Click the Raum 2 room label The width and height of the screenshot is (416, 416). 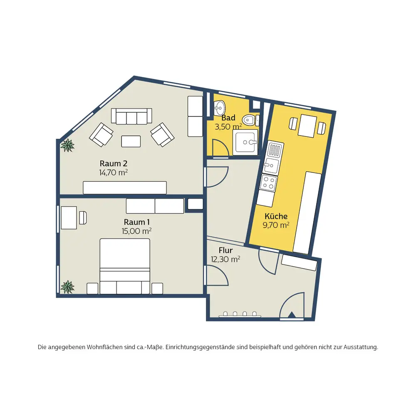coord(113,163)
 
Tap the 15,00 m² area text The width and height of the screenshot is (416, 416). coord(136,231)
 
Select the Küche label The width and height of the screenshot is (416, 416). coord(276,216)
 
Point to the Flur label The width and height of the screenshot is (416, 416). coord(225,250)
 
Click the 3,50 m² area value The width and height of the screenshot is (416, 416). coord(228,126)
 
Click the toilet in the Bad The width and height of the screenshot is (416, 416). coord(249,120)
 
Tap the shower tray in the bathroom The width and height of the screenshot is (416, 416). coord(245,142)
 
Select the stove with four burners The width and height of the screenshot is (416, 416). coord(268,183)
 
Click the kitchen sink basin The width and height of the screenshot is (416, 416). coord(271,165)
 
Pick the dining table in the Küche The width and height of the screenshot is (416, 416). coord(307,126)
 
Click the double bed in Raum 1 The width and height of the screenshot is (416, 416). coord(125,266)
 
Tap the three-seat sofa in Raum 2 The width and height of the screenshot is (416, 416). coord(131,116)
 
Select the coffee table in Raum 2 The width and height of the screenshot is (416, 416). coord(131,141)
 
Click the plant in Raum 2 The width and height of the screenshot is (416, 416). coord(67,145)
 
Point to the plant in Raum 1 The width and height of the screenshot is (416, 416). coord(67,287)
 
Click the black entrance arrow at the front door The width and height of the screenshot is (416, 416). coord(292,314)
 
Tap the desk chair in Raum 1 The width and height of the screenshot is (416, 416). coord(83,218)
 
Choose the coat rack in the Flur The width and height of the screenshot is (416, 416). coord(240,314)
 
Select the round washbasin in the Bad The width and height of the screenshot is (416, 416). coord(219,108)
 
